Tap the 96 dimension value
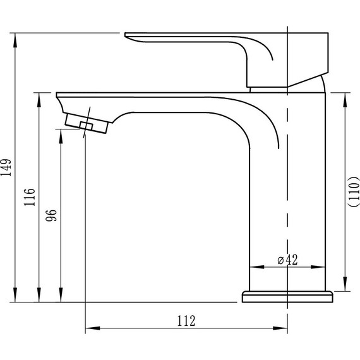53,215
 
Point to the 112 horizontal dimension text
185,321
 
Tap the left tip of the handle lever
128,35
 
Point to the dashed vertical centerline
287,189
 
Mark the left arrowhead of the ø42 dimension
255,267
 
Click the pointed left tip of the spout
57,93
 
